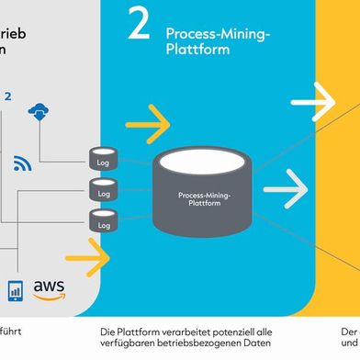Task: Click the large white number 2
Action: [x=138, y=27]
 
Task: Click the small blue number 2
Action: [x=8, y=95]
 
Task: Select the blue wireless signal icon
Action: [x=23, y=163]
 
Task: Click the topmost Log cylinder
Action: [x=101, y=158]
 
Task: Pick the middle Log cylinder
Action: [x=101, y=191]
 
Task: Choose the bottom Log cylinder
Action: [x=101, y=221]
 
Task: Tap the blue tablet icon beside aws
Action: [x=15, y=289]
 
